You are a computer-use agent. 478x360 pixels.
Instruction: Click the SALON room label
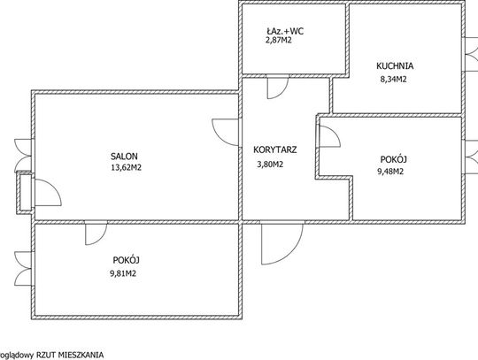pyautogui.click(x=124, y=157)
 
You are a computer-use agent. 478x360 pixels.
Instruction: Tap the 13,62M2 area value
pyautogui.click(x=127, y=167)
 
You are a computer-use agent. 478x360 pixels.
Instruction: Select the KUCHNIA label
pyautogui.click(x=395, y=65)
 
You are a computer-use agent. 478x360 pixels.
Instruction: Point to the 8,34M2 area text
pyautogui.click(x=393, y=80)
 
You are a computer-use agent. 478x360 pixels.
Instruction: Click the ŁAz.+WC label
pyautogui.click(x=285, y=31)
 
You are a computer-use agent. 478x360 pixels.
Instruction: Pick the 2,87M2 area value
pyautogui.click(x=279, y=40)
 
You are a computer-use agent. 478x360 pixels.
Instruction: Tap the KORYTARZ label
pyautogui.click(x=275, y=149)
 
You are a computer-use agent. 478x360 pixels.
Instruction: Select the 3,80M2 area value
pyautogui.click(x=270, y=165)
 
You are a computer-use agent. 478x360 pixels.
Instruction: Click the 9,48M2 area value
pyautogui.click(x=390, y=172)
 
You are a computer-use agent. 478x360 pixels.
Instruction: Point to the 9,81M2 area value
pyautogui.click(x=123, y=273)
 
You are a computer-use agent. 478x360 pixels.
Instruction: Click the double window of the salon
pyautogui.click(x=23, y=156)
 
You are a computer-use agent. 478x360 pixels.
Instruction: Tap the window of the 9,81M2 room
pyautogui.click(x=23, y=269)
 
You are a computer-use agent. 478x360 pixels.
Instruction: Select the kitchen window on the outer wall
pyautogui.click(x=470, y=55)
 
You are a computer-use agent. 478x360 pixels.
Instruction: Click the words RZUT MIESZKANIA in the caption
pyautogui.click(x=70, y=355)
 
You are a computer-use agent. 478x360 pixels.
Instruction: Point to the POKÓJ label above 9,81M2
pyautogui.click(x=127, y=260)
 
